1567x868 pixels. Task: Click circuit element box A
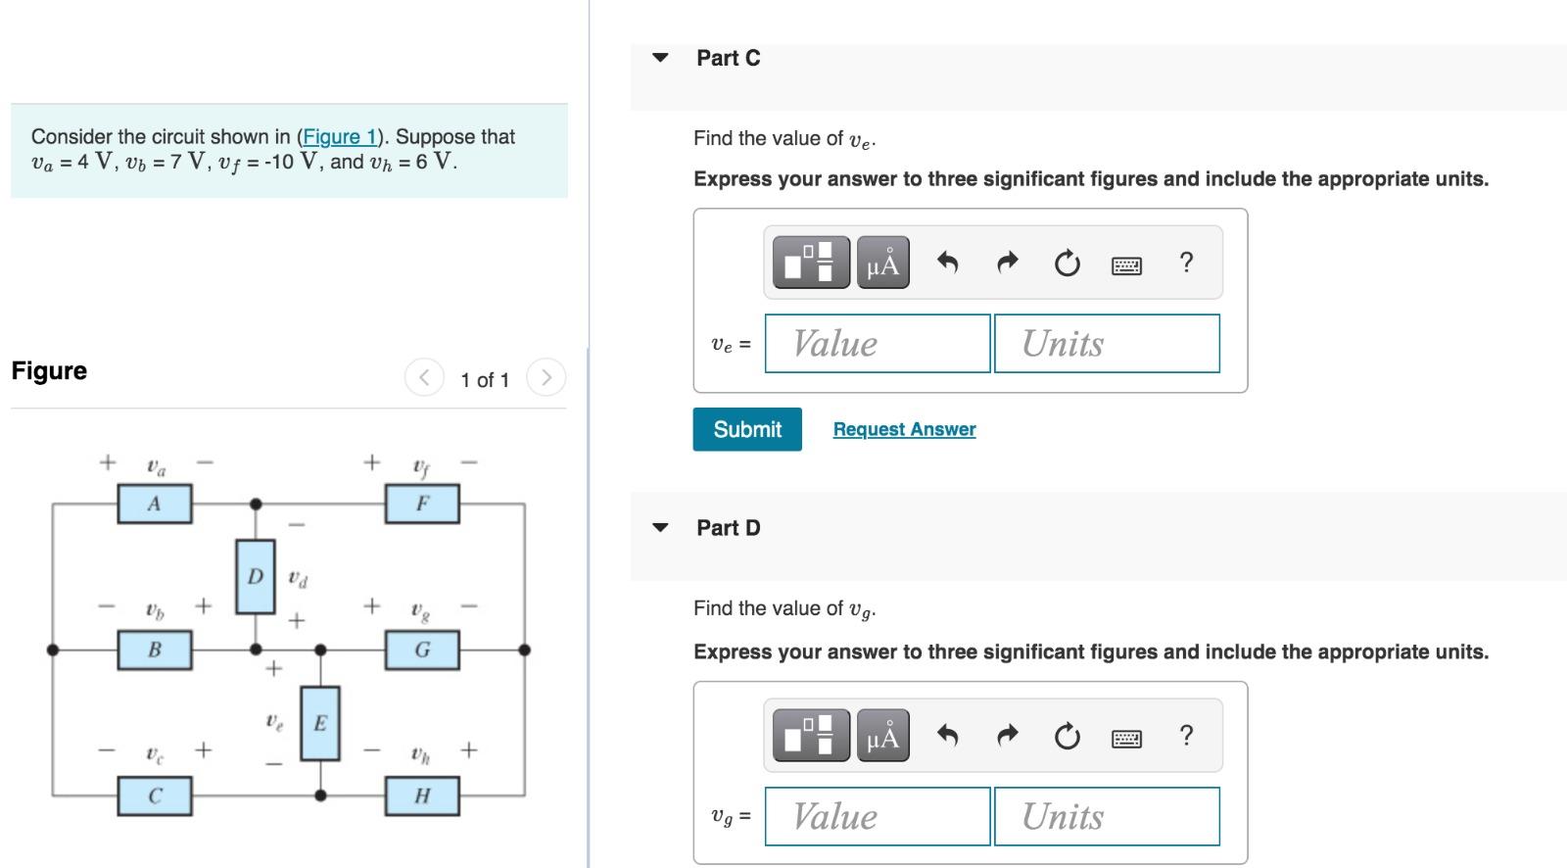tap(155, 505)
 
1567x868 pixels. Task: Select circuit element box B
tap(155, 650)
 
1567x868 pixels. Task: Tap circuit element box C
tap(155, 796)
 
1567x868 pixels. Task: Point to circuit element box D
tap(256, 576)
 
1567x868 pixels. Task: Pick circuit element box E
tap(320, 723)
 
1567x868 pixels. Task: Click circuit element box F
tap(422, 505)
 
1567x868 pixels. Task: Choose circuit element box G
tap(422, 650)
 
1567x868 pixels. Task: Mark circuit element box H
tap(422, 796)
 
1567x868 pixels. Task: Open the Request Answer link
tap(904, 429)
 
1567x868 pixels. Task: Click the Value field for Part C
tap(877, 343)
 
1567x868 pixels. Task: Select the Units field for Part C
tap(1107, 343)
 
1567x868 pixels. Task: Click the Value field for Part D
tap(877, 816)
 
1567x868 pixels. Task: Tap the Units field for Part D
tap(1107, 816)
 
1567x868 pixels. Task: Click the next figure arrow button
tap(546, 377)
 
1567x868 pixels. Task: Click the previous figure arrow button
tap(424, 377)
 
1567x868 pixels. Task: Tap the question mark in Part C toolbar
tap(1186, 263)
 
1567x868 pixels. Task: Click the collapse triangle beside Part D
tap(661, 528)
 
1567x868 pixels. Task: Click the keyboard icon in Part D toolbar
tap(1126, 737)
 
